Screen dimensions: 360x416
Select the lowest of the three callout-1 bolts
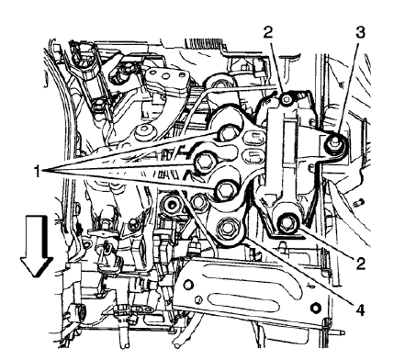(x=225, y=191)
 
